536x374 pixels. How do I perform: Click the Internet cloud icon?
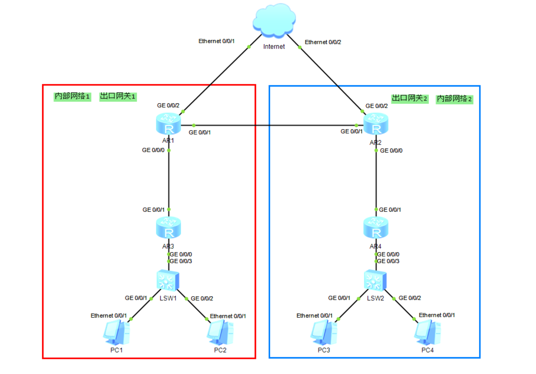click(x=274, y=20)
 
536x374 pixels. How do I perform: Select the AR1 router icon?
click(x=168, y=124)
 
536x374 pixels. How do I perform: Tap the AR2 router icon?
click(x=376, y=124)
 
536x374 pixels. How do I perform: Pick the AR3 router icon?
click(x=168, y=227)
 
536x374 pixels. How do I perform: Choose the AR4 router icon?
click(x=376, y=227)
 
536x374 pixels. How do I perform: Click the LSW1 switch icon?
click(x=168, y=280)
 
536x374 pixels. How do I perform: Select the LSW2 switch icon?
click(x=375, y=280)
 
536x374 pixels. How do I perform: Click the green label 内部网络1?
click(x=72, y=96)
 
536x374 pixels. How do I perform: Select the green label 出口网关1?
click(x=118, y=96)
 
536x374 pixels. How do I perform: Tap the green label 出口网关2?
click(x=410, y=98)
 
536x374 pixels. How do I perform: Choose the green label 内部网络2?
click(x=454, y=99)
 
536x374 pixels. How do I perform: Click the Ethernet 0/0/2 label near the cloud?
click(x=323, y=42)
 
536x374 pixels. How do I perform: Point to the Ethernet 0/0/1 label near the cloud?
click(x=216, y=41)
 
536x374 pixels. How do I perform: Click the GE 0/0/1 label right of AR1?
click(x=199, y=133)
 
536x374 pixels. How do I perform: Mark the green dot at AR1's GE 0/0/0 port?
click(x=169, y=150)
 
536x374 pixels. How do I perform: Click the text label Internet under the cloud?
click(x=274, y=47)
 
